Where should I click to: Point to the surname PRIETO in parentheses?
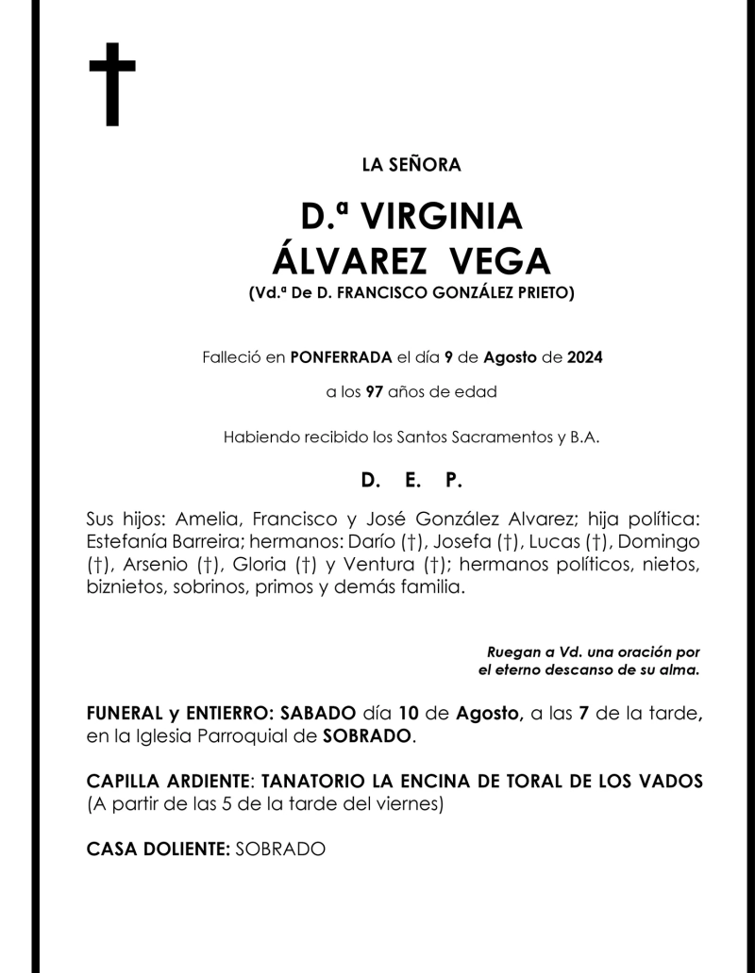point(540,293)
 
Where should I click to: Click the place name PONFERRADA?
point(341,357)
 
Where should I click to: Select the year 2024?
point(585,357)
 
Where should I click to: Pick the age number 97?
point(374,392)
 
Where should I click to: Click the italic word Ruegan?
point(514,652)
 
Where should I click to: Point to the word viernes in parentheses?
point(408,804)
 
